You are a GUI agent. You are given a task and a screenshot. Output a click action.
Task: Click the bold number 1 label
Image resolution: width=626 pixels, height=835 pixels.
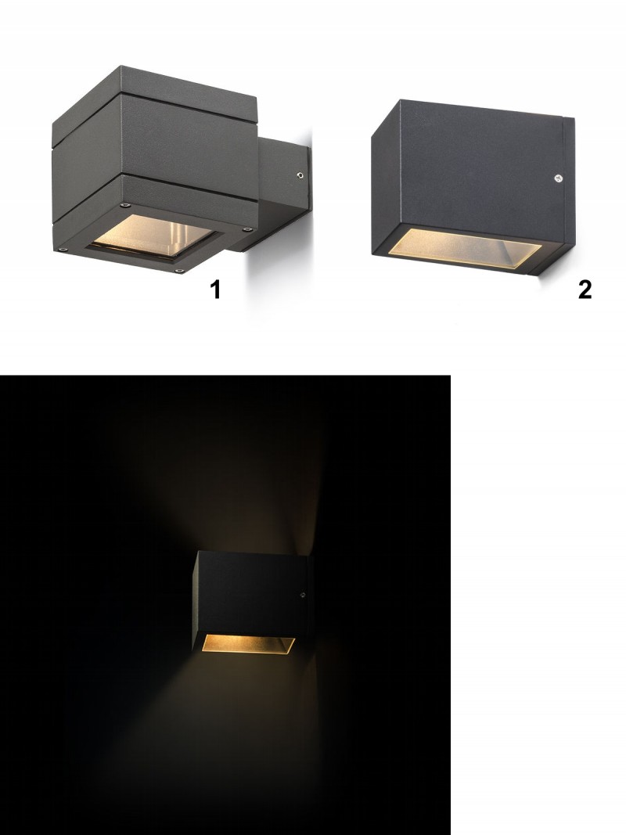[x=214, y=290]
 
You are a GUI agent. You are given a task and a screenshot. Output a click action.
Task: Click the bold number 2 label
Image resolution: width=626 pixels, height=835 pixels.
[x=585, y=290]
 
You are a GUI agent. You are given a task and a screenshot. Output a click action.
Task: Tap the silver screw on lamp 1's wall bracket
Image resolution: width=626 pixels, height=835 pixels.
[x=300, y=175]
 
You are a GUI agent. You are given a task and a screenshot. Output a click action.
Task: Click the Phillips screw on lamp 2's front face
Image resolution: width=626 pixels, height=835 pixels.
[x=557, y=178]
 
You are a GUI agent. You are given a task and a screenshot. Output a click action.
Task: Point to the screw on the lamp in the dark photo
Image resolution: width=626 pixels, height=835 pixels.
[x=302, y=595]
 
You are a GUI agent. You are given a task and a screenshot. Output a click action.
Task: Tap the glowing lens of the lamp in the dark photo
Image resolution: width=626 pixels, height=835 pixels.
[x=248, y=643]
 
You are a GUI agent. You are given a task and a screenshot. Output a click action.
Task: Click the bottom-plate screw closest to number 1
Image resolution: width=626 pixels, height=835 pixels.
[x=179, y=271]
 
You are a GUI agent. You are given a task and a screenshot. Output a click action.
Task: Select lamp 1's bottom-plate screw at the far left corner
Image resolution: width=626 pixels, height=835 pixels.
[x=63, y=248]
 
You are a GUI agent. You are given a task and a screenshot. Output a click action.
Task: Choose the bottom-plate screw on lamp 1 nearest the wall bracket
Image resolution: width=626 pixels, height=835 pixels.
[x=246, y=229]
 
